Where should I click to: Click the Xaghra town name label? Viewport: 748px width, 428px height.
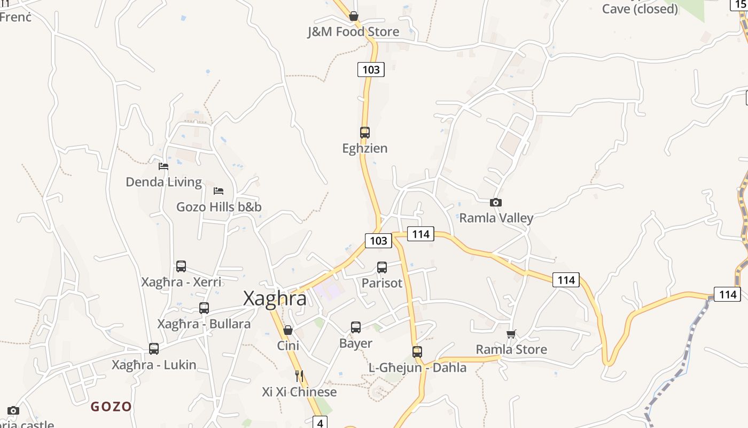point(275,299)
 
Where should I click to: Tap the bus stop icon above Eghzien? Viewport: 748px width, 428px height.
point(365,132)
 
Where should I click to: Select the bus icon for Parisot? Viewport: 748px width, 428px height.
point(382,267)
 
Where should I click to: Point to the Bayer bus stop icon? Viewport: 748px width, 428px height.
point(356,327)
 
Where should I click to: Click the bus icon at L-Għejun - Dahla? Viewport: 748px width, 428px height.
point(417,352)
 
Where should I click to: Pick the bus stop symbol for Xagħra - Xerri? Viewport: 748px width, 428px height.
point(181,266)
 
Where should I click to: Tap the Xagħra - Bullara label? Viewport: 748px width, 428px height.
point(204,324)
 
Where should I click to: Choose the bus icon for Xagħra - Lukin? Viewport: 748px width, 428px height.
point(154,349)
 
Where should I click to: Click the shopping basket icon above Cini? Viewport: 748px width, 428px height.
point(288,330)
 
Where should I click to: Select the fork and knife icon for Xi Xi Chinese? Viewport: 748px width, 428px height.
point(299,376)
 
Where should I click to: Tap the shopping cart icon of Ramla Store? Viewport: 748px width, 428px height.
point(511,334)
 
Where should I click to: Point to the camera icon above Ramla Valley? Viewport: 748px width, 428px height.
point(496,202)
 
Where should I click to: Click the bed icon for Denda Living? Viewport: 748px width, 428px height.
point(163,166)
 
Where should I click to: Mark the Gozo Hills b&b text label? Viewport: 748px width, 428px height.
point(219,207)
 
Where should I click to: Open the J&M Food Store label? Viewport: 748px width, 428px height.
point(353,32)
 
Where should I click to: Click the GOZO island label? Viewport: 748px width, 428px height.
point(111,407)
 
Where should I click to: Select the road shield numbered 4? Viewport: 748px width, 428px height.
point(320,423)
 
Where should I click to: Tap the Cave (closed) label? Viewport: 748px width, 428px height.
point(640,9)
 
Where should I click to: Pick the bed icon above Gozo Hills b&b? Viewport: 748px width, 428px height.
point(219,191)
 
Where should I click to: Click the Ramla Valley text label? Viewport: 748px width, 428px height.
point(496,218)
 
